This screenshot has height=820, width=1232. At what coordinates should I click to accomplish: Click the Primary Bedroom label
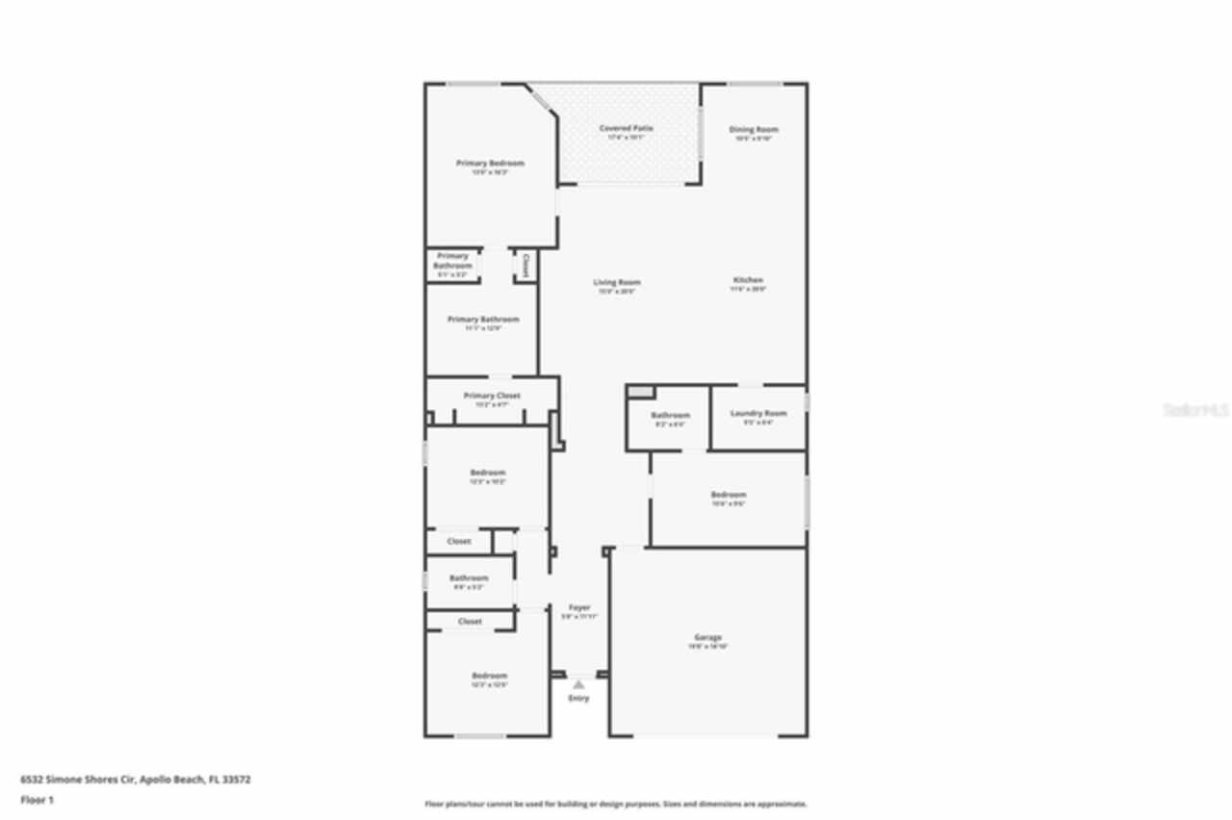(490, 164)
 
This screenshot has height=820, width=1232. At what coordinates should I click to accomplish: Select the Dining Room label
(754, 129)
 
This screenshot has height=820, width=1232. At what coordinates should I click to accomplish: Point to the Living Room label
(616, 283)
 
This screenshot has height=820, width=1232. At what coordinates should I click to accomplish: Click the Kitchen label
(748, 280)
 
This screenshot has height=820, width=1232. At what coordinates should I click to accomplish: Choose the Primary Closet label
(492, 396)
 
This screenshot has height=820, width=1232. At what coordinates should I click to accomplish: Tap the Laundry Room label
(758, 413)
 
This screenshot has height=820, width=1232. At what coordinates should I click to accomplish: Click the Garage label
(707, 637)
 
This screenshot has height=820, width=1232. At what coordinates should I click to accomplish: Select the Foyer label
(579, 607)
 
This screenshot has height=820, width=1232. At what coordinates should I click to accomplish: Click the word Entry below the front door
(578, 699)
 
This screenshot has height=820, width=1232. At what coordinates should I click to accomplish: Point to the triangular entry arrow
(578, 685)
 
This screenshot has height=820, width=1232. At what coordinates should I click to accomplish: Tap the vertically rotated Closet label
(526, 265)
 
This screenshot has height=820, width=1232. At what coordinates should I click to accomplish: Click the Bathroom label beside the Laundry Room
(670, 415)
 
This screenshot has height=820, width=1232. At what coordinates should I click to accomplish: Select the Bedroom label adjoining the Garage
(729, 495)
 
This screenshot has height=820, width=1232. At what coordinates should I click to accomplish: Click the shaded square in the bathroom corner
(640, 392)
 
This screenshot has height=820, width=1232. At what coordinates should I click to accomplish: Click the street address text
(136, 780)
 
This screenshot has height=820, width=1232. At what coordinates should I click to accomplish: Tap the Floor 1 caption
(38, 800)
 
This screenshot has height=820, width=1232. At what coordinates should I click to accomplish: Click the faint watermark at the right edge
(1195, 410)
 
